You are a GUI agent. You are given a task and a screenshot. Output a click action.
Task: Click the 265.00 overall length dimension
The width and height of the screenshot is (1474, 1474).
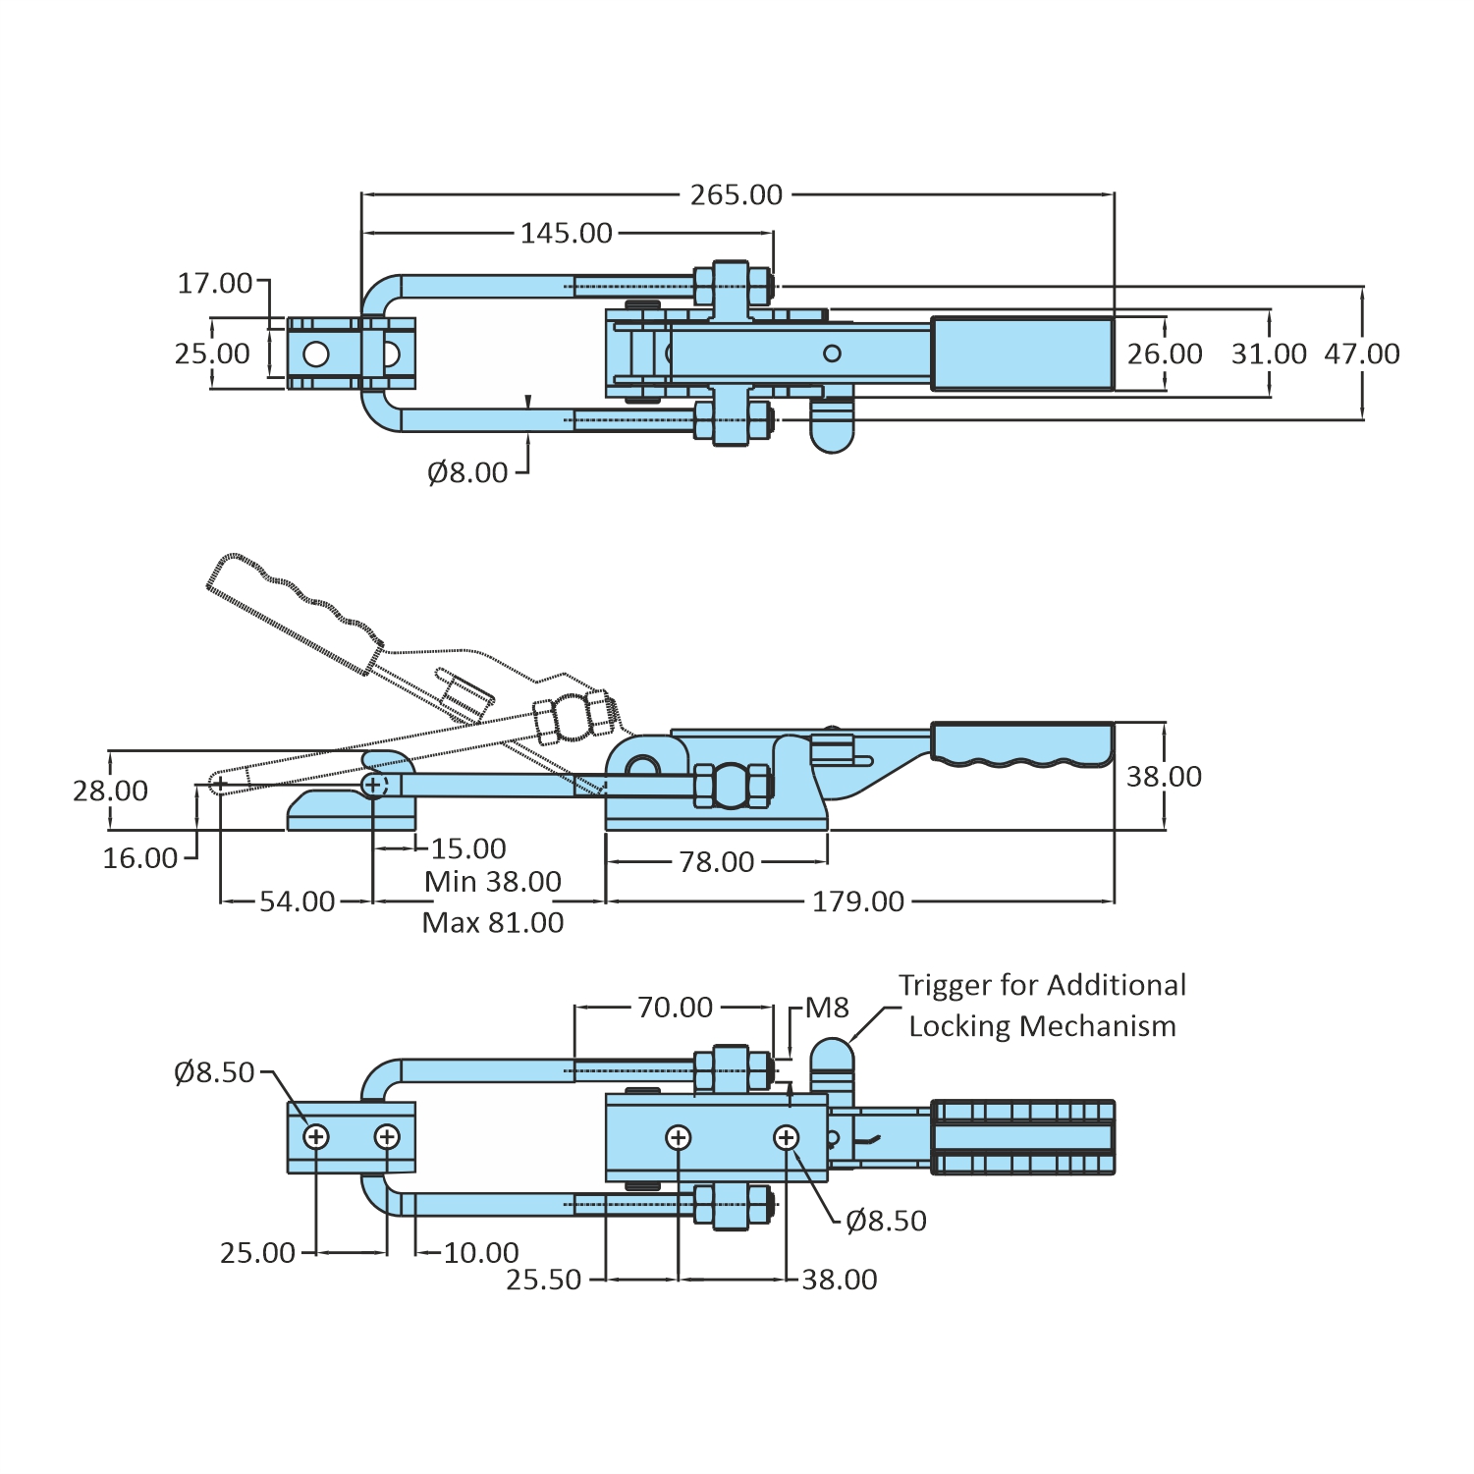(736, 194)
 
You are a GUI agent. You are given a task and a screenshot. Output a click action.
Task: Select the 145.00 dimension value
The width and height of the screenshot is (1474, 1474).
(566, 233)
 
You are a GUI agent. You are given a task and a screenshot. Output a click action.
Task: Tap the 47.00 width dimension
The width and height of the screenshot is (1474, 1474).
(1361, 354)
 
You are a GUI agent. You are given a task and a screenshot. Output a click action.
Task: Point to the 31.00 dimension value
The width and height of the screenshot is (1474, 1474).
(1269, 354)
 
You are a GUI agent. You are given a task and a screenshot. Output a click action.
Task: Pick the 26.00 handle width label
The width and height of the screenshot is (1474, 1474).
(1164, 354)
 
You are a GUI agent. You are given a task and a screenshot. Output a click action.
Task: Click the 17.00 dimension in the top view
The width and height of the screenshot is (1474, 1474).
(214, 284)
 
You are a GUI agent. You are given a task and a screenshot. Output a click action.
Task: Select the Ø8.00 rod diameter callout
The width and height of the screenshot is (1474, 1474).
(467, 472)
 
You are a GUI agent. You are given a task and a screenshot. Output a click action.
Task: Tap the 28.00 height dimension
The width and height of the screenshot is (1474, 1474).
(110, 791)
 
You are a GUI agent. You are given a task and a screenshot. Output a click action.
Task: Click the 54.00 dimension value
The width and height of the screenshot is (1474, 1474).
(297, 901)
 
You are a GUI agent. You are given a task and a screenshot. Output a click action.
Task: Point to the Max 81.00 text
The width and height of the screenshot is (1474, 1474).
(493, 923)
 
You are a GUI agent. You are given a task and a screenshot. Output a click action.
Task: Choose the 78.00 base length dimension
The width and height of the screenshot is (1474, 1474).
(716, 862)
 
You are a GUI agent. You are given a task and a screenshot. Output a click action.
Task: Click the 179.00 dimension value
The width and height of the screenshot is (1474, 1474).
(857, 901)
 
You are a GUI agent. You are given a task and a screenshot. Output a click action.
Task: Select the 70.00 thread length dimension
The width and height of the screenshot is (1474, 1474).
(675, 1008)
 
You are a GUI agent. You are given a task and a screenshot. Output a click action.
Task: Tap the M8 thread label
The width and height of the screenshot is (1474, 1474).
(827, 1008)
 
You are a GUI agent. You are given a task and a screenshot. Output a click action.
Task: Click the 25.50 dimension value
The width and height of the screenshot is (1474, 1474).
(543, 1280)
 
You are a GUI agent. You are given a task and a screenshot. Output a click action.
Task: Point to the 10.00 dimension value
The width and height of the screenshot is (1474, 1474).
(480, 1253)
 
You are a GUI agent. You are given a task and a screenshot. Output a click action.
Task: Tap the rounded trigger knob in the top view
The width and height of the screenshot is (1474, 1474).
(832, 428)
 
